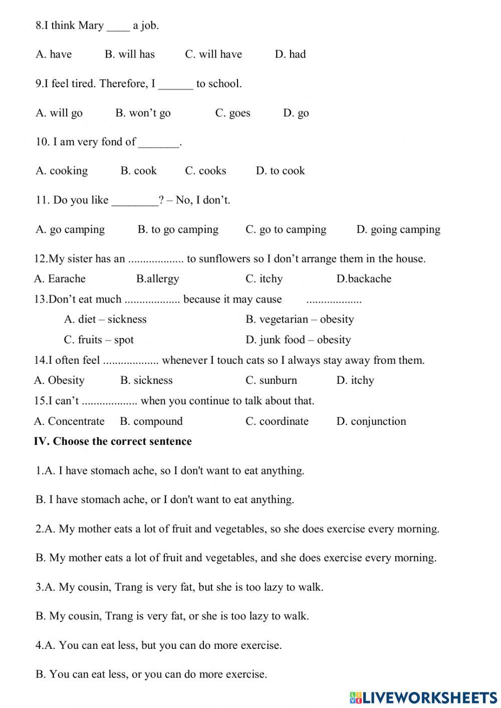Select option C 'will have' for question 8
point(213,54)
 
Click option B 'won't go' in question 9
point(143,113)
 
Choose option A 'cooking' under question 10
point(62,171)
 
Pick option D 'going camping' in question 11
point(398,229)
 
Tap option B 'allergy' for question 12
point(157,279)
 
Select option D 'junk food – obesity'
point(298,340)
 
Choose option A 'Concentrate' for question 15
point(69,421)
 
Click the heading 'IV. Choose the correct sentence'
point(113,441)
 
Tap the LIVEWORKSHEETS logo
point(423,697)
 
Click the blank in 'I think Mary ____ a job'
point(118,26)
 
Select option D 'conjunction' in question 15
point(371,421)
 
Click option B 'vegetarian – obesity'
point(300,319)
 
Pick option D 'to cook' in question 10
point(280,171)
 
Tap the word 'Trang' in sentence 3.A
point(128,587)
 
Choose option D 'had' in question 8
point(290,54)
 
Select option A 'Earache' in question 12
point(60,279)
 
